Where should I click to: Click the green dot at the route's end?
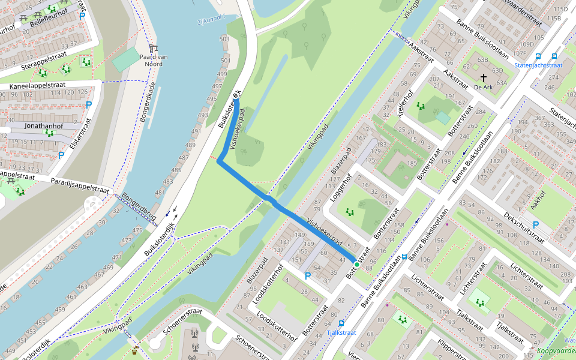[x=356, y=264]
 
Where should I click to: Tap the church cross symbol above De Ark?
[x=484, y=77]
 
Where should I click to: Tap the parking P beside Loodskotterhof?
[x=308, y=276]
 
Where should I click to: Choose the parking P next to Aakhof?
[x=536, y=225]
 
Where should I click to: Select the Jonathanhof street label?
[x=44, y=127]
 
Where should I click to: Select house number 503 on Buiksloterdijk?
[x=225, y=39]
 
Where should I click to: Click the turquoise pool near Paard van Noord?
[x=125, y=58]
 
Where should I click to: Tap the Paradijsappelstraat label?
[x=79, y=185]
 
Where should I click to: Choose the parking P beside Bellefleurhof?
[x=82, y=16]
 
